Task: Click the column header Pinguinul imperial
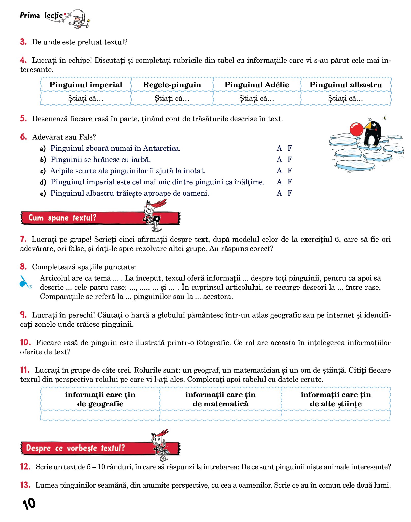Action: [86, 85]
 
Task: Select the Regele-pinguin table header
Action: [172, 85]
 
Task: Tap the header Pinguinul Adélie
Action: [257, 85]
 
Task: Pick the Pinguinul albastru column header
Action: [346, 85]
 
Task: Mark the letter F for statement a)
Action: [290, 148]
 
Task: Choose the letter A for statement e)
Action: [279, 193]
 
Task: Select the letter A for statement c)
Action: [279, 171]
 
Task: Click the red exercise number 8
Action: [23, 267]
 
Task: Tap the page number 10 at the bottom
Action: [29, 504]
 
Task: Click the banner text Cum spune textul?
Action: [62, 218]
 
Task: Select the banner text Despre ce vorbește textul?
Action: [75, 448]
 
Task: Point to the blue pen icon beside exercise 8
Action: [25, 283]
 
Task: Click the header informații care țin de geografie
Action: [100, 399]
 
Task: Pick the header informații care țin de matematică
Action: [220, 399]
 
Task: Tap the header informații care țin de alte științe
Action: [336, 399]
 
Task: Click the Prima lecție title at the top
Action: [41, 15]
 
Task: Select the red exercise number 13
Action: [25, 485]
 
